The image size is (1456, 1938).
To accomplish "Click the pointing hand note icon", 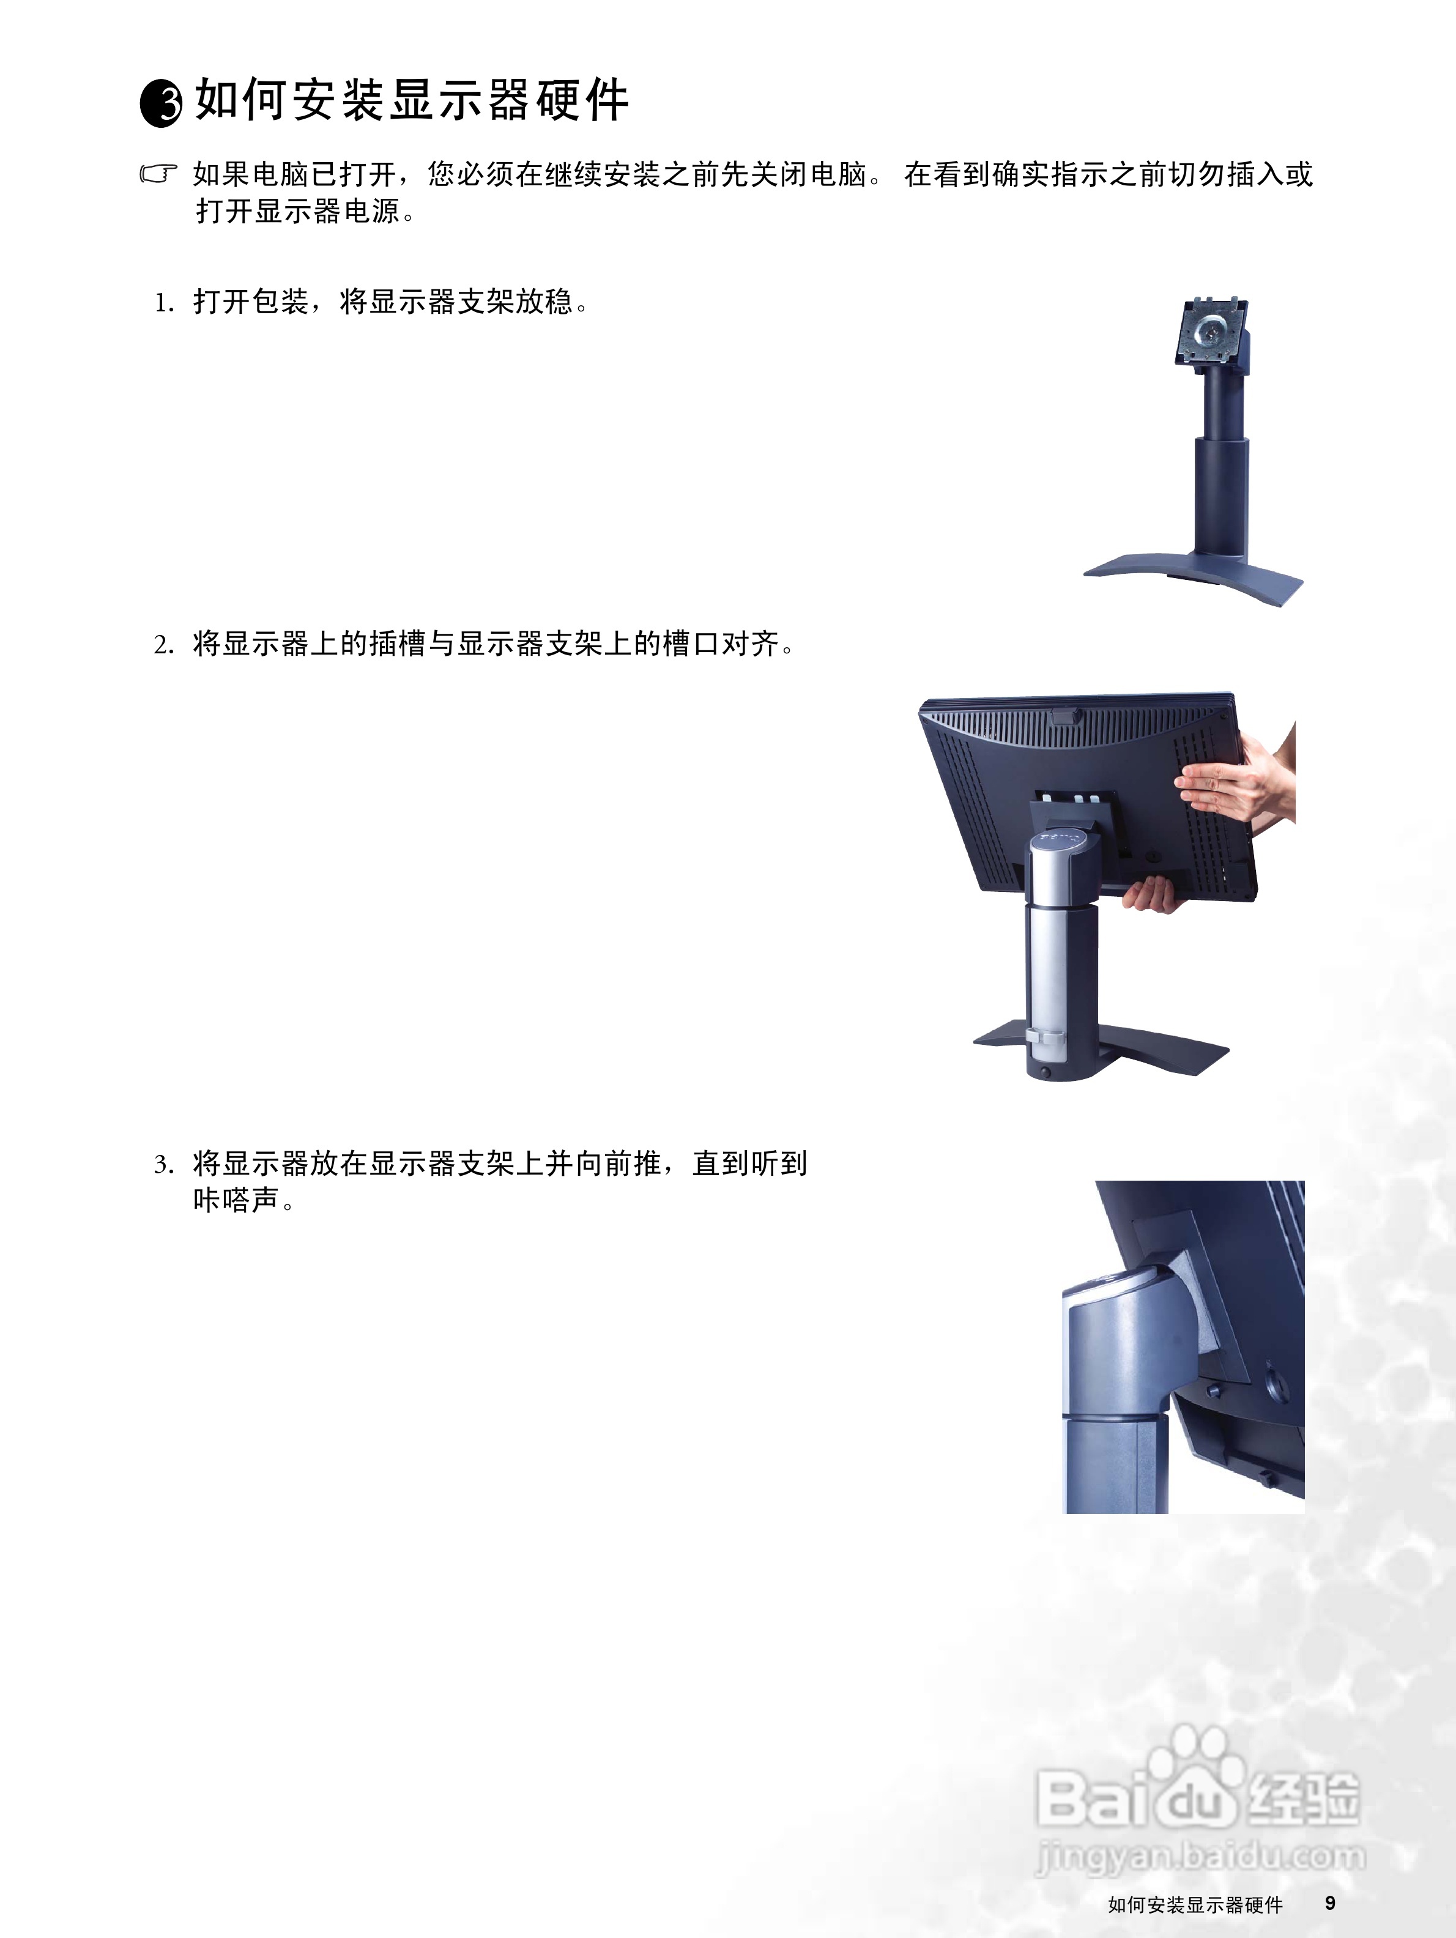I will point(158,174).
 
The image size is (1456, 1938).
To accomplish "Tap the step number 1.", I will point(163,303).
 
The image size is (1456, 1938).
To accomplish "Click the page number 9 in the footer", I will point(1330,1903).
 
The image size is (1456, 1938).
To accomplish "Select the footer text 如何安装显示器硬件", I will point(1195,1905).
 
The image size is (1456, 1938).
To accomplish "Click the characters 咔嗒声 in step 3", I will point(237,1200).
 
